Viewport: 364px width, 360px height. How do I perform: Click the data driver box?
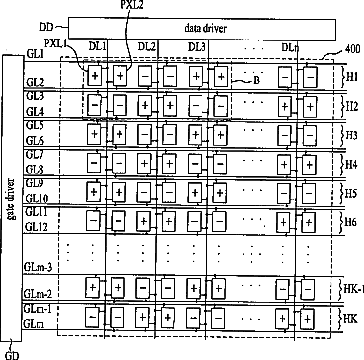pyautogui.click(x=205, y=28)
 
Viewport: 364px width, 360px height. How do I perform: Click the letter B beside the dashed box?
pyautogui.click(x=256, y=82)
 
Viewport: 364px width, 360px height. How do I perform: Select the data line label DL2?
pyautogui.click(x=147, y=46)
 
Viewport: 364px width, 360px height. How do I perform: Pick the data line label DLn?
pyautogui.click(x=289, y=47)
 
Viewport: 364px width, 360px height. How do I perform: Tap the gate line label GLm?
pyautogui.click(x=34, y=323)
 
